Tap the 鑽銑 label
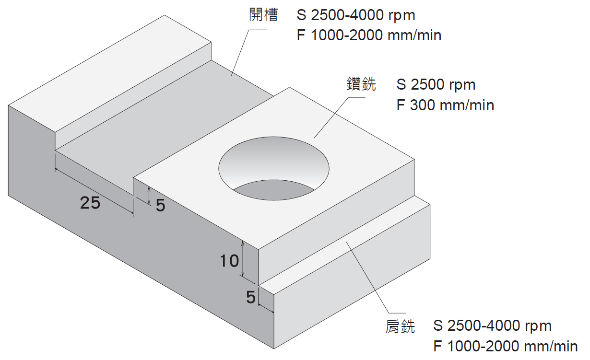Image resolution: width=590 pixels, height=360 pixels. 362,85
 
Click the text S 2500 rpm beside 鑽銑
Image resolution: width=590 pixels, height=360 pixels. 436,85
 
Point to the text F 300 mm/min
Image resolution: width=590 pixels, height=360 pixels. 445,105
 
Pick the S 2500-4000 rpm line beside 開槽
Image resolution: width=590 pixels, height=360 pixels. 356,16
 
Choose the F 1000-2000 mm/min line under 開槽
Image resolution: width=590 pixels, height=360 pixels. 369,35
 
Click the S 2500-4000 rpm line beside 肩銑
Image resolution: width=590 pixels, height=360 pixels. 492,326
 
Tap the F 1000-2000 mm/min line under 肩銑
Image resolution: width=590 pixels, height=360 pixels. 505,346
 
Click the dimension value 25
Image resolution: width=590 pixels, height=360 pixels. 90,204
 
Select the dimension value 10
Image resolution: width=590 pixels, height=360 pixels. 229,261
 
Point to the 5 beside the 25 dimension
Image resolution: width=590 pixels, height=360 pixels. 160,205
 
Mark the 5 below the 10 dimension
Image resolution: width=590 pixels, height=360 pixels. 250,298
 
